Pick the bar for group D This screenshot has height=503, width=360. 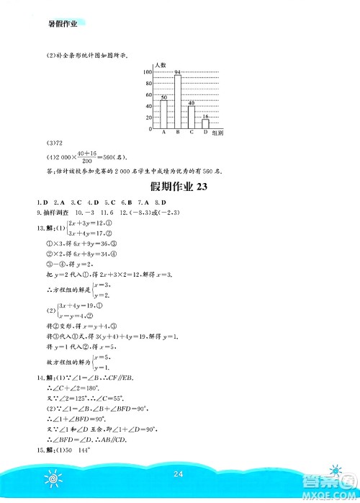205,124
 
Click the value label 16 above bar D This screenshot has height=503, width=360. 205,115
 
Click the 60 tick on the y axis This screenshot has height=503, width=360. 148,95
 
